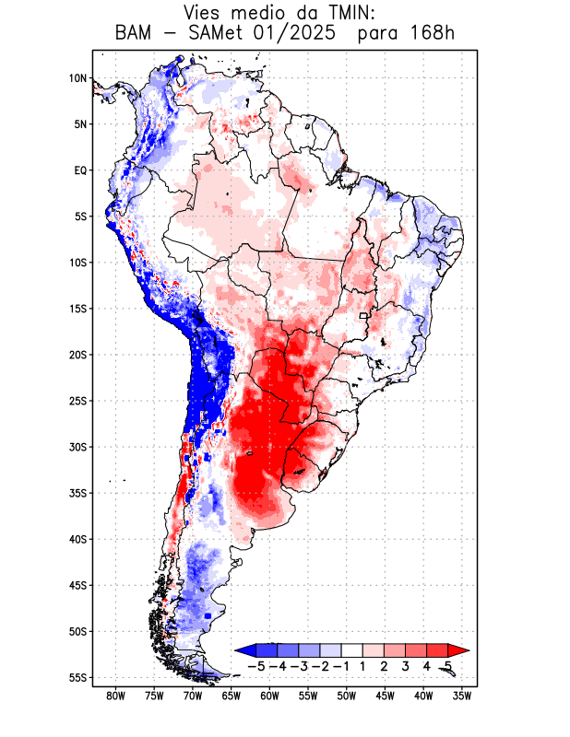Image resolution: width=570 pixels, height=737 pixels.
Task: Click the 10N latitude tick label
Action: point(77,78)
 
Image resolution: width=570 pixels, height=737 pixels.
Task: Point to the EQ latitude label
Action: point(79,170)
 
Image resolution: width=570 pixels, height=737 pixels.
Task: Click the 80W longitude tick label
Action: point(115,696)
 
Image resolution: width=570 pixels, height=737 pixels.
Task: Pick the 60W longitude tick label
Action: point(270,696)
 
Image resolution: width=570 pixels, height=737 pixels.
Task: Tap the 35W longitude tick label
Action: point(463,696)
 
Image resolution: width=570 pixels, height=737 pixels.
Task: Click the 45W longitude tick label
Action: point(386,696)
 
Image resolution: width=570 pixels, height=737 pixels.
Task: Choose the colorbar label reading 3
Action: point(406,665)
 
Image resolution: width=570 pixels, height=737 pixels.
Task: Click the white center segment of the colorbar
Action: point(351,649)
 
